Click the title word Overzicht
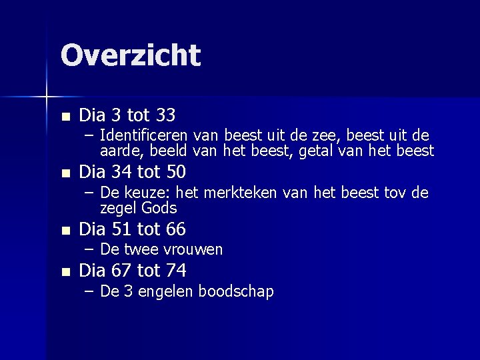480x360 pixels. click(130, 55)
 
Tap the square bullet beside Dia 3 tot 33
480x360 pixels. click(64, 116)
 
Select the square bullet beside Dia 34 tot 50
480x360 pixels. click(64, 173)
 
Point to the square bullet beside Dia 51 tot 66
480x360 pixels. click(64, 230)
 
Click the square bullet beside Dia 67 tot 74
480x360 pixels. click(64, 271)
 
